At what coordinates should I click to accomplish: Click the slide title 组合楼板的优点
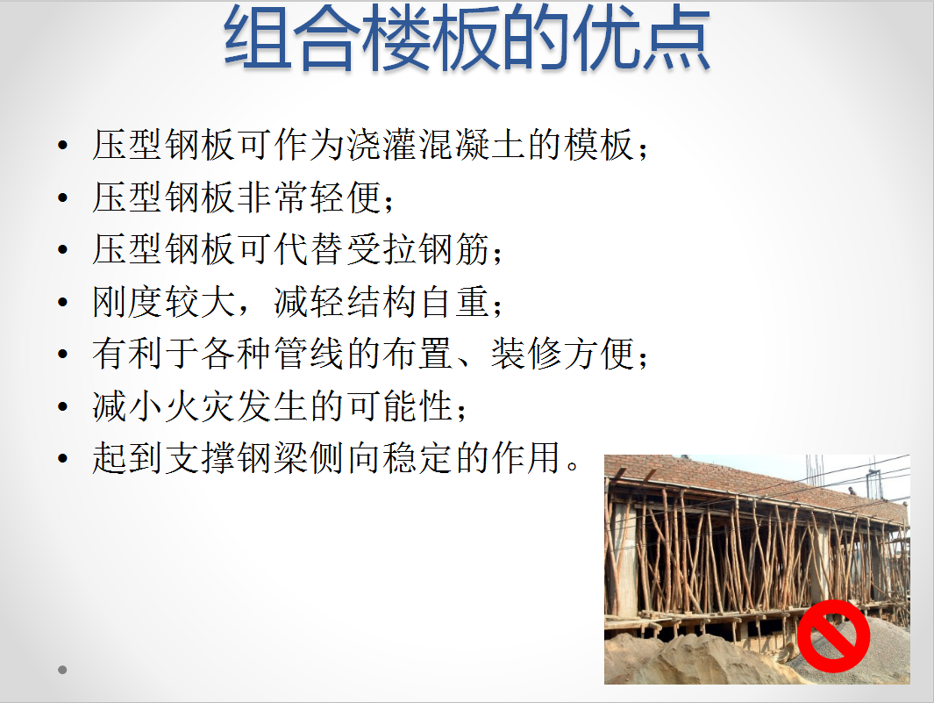click(467, 37)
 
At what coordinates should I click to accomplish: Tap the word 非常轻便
click(310, 197)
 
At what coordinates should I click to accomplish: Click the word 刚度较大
click(164, 302)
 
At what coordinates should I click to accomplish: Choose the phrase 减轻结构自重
click(382, 302)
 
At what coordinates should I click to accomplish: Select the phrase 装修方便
click(564, 354)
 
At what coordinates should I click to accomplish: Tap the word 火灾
click(201, 406)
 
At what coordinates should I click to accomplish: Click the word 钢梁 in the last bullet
click(274, 458)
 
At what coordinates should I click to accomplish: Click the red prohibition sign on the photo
click(833, 636)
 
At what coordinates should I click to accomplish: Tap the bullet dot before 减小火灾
click(63, 407)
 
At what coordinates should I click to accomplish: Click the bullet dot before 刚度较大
click(63, 302)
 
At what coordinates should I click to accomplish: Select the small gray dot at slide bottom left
click(62, 670)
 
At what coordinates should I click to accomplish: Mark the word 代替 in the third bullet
click(310, 249)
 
